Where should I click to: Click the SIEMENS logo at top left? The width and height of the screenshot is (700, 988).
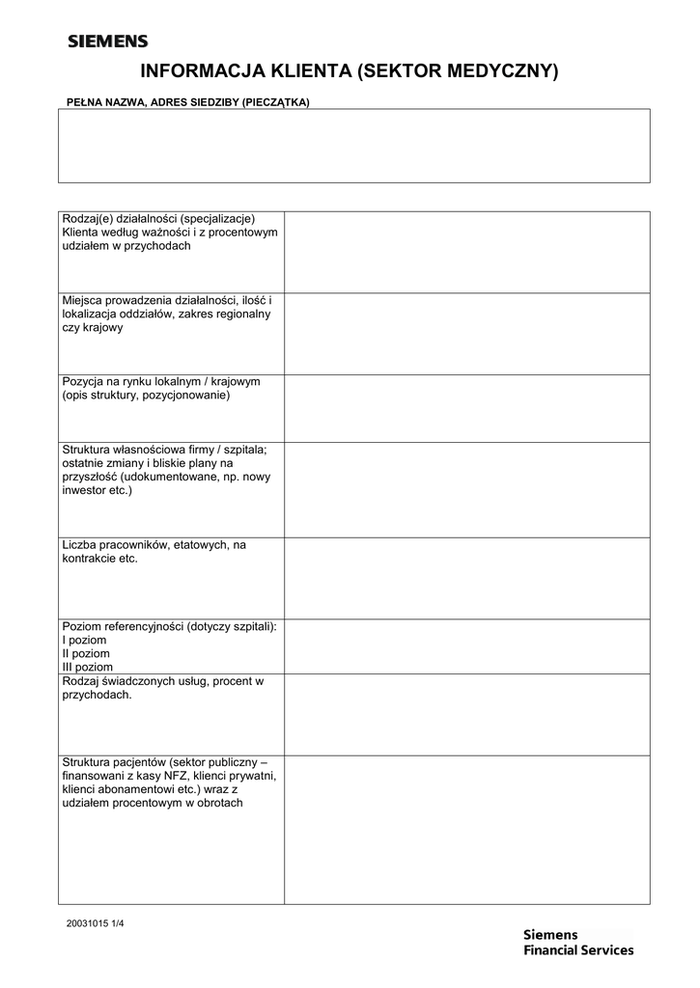coord(107,41)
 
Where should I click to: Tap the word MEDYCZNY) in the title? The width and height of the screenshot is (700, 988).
coord(503,70)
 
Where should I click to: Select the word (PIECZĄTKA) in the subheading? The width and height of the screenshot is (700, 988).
coord(275,101)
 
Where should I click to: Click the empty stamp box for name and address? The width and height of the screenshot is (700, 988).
coord(353,146)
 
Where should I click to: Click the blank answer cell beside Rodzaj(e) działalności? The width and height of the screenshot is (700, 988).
coord(466,252)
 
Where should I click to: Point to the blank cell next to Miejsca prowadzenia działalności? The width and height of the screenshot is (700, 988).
coord(466,333)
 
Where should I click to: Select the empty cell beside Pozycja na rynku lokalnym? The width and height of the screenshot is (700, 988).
coord(466,408)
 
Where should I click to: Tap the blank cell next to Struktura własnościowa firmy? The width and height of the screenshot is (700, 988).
coord(466,489)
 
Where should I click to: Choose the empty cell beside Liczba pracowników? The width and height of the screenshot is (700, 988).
coord(466,577)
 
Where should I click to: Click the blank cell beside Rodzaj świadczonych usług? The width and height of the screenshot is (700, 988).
coord(466,714)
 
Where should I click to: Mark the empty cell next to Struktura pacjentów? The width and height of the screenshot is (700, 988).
coord(466,829)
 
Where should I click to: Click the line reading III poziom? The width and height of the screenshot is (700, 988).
coord(88,667)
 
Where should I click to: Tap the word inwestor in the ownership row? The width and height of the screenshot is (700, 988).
coord(85,490)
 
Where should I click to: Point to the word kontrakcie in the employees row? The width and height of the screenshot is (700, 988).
coord(89,559)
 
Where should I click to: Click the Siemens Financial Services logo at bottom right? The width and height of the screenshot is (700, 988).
coord(577,942)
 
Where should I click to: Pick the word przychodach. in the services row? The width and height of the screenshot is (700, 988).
coord(97,695)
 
